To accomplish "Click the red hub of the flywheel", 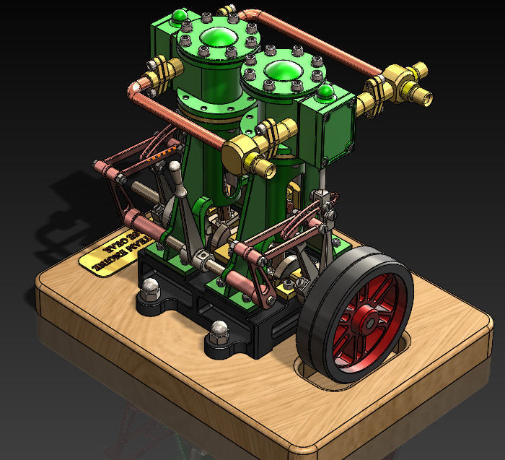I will (365, 316).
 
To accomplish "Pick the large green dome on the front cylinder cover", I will (284, 71).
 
